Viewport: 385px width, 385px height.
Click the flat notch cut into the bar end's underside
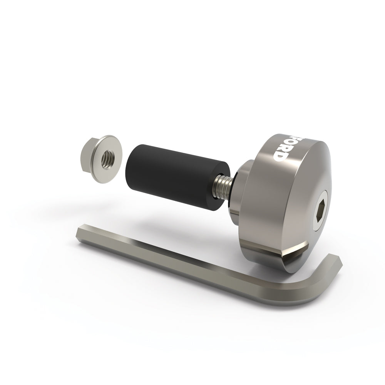click(296, 250)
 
